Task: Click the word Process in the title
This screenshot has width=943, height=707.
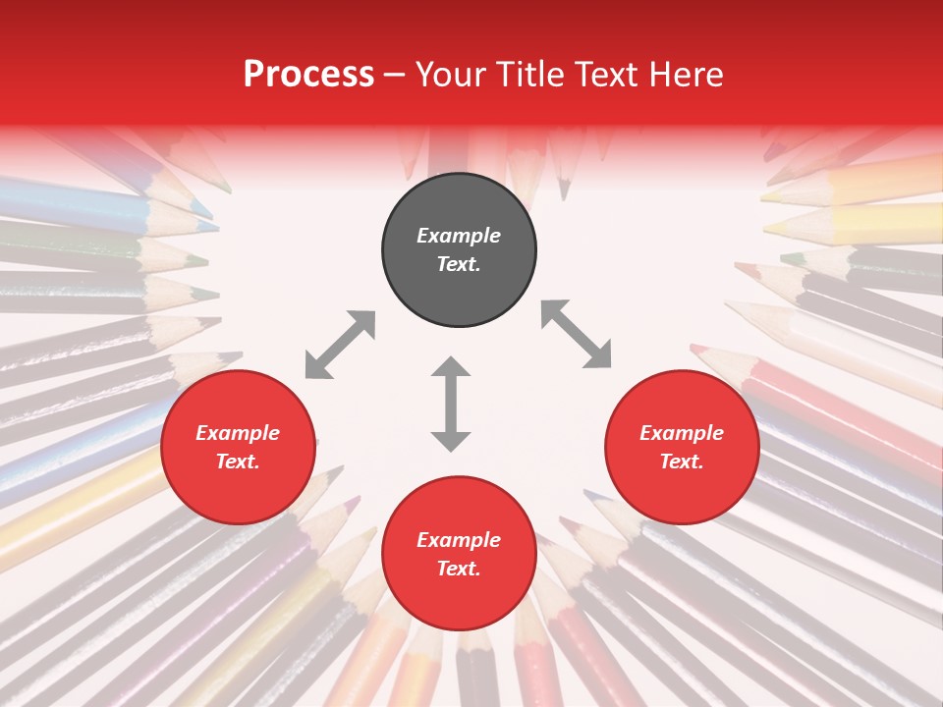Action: click(x=308, y=75)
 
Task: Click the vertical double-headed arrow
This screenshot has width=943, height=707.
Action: click(x=451, y=404)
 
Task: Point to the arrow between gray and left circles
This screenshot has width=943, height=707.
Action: click(x=340, y=345)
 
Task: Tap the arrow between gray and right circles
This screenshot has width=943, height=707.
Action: click(x=576, y=334)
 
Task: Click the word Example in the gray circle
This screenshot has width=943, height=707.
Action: click(x=459, y=236)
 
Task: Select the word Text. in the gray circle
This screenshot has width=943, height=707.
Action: click(x=459, y=264)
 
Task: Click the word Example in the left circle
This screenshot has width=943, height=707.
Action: click(x=238, y=433)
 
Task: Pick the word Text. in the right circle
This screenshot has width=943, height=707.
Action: click(x=682, y=462)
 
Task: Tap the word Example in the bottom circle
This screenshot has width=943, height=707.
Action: click(x=459, y=540)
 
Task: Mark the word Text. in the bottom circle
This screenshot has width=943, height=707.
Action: click(x=459, y=569)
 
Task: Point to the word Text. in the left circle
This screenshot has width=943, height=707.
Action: click(x=238, y=462)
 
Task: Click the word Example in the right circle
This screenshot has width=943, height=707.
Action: click(x=682, y=433)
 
